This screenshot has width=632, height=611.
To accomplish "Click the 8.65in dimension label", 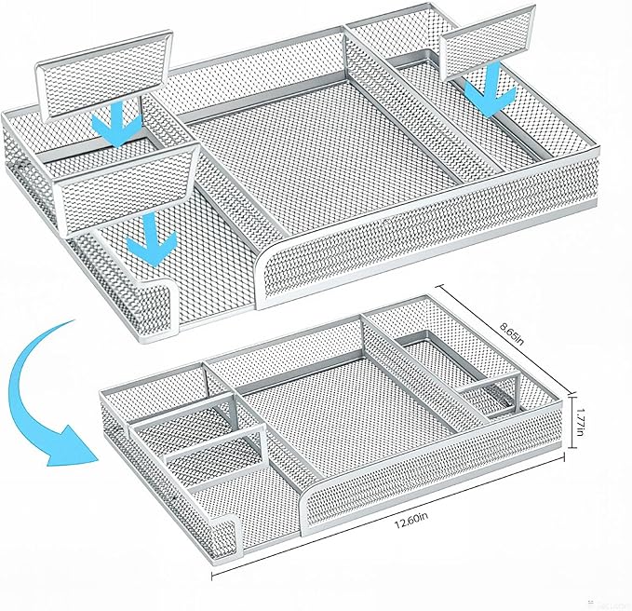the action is point(512,333).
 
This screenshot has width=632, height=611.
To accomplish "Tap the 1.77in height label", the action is point(579,421).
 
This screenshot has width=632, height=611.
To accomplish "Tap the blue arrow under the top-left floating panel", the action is point(116,123).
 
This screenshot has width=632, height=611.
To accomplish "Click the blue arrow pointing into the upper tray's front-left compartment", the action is point(151,241).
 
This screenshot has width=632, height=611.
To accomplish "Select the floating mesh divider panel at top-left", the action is point(104,75).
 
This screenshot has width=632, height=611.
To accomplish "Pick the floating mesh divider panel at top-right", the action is point(489,42).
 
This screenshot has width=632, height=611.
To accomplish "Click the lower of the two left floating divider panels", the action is point(127,190).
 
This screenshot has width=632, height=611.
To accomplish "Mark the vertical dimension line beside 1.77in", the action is point(571,421).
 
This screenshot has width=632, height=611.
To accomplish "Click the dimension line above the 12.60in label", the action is point(388,516).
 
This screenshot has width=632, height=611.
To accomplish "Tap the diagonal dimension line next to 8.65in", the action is point(504,339).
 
